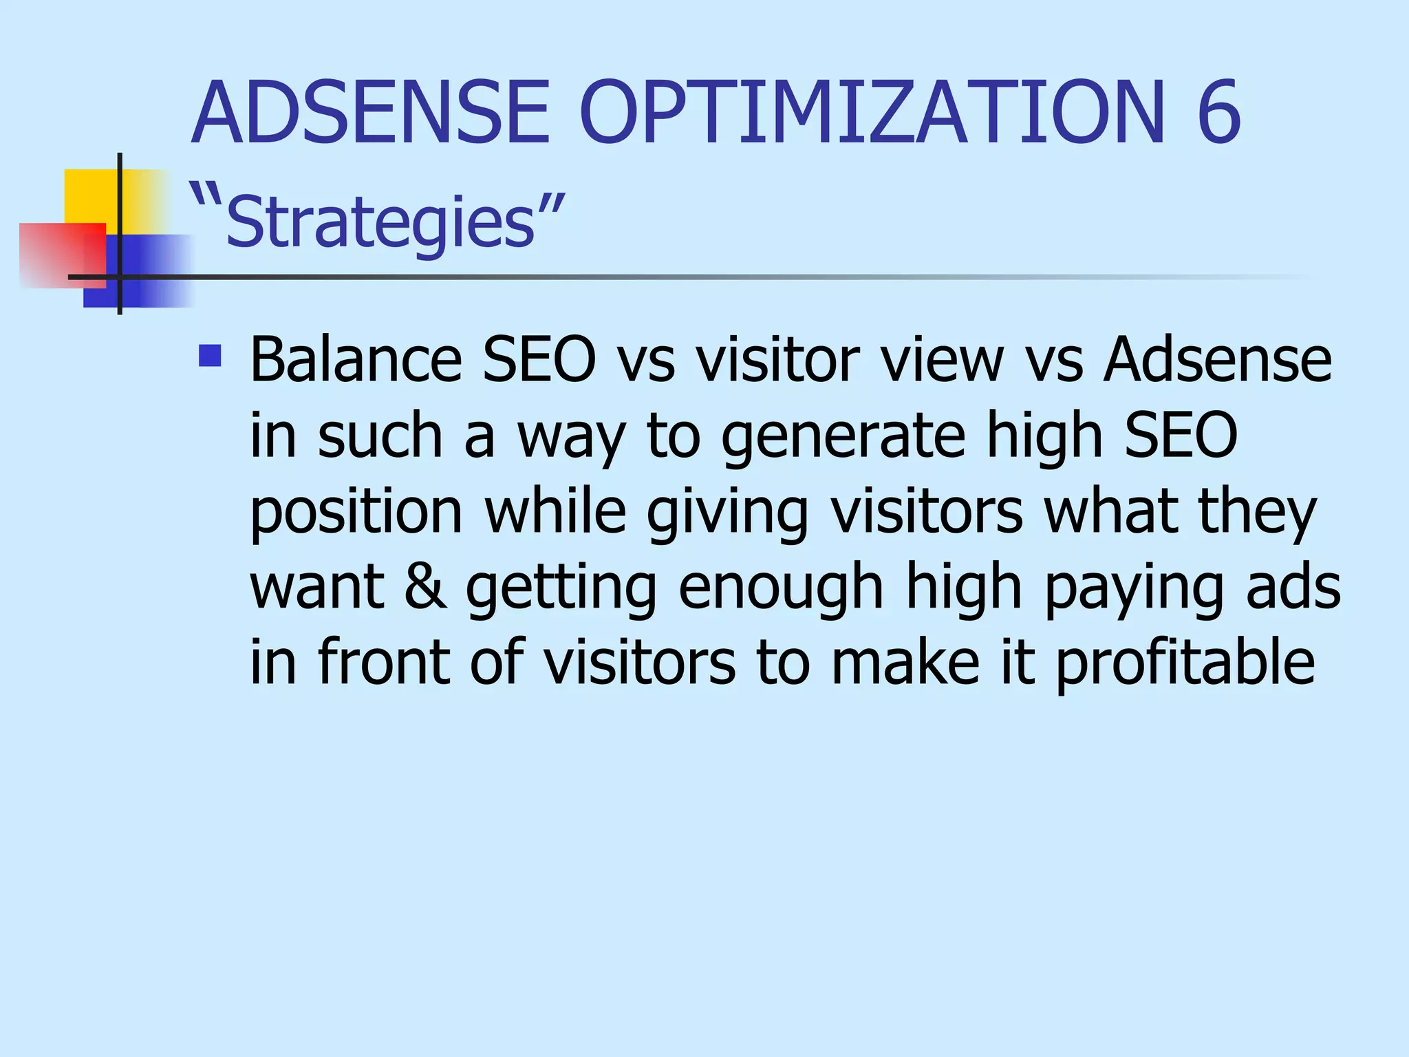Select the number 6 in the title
(x=1218, y=114)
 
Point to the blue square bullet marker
(x=210, y=355)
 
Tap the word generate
(x=843, y=437)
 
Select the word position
(x=356, y=513)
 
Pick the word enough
(x=780, y=588)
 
